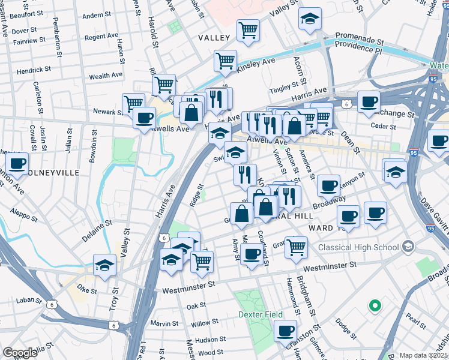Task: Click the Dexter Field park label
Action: coord(259,314)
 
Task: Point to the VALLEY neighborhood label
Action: coord(214,38)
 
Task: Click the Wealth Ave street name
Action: coord(106,76)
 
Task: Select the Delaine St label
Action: coord(97,231)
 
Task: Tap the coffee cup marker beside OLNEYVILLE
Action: coord(17,163)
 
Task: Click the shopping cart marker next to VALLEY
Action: coord(247,29)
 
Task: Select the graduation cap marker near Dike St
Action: coord(104,264)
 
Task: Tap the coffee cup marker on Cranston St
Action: coord(286,330)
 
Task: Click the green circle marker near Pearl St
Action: coord(375,305)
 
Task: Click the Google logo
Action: coord(20,353)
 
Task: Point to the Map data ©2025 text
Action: coord(423,355)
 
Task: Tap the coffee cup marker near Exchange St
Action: coord(369,101)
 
